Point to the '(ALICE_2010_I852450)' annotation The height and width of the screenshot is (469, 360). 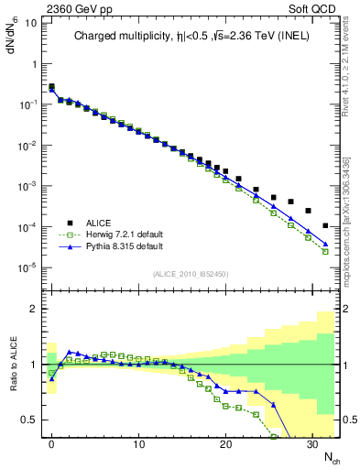190,273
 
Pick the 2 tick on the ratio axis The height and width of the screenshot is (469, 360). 33,309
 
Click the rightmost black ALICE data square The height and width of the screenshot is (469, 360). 326,225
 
